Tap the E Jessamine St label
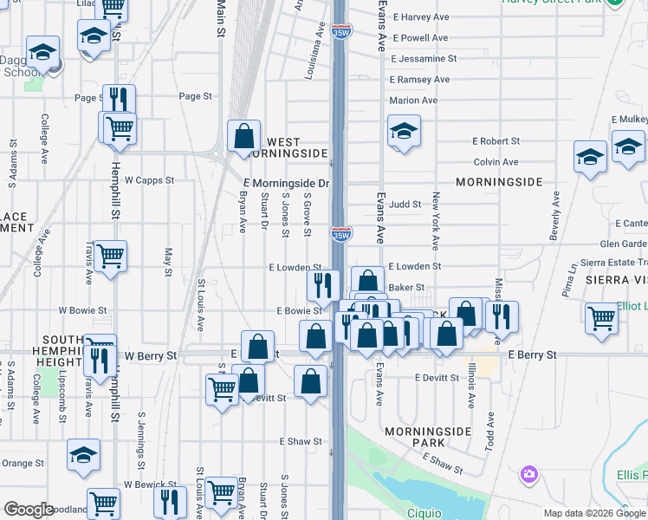point(424,59)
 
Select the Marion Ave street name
point(413,101)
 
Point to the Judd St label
point(405,205)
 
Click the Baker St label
point(406,287)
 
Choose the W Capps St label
point(149,181)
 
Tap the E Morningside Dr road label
point(287,184)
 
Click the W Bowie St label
point(82,309)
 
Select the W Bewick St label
point(148,484)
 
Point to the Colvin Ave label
point(496,162)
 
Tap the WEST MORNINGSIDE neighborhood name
point(284,147)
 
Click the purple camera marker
point(528,474)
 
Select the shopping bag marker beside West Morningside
point(244,136)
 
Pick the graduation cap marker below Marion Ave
point(404,131)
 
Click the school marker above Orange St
point(83,455)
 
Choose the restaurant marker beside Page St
point(119,100)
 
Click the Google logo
point(29,510)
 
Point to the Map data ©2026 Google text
point(594,513)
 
